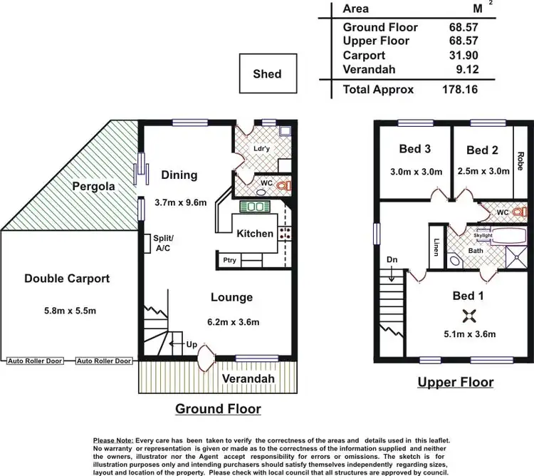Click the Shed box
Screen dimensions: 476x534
coord(267,74)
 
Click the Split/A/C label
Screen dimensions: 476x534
coord(163,243)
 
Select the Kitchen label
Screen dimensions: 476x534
coord(254,234)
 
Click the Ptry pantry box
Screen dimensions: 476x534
coord(229,260)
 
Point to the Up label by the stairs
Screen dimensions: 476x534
coord(192,344)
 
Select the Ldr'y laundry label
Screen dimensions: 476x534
coord(261,149)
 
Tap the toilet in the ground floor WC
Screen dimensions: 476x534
coord(284,186)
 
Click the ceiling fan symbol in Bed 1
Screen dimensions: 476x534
coord(469,316)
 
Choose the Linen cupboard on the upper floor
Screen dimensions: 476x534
coord(435,246)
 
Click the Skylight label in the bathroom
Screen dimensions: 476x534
coord(483,235)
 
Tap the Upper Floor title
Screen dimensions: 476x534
coord(455,382)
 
